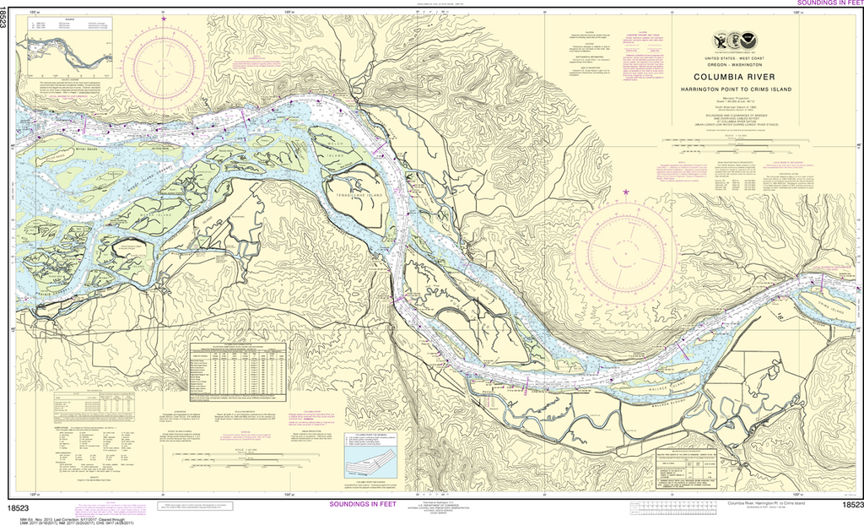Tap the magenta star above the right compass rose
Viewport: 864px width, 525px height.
point(625,192)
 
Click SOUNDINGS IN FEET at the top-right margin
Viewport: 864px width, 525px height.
point(828,4)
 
